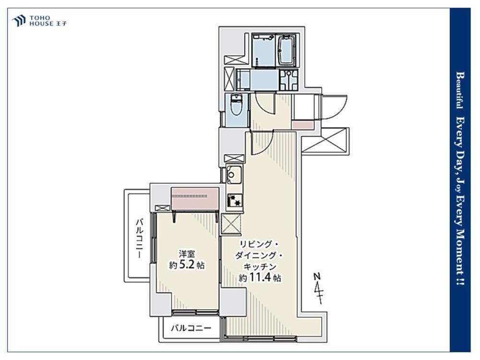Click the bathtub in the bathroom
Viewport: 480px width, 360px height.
286,50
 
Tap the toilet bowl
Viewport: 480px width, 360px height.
236,106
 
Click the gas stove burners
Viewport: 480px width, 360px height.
235,201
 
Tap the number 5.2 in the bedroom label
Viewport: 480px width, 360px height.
187,264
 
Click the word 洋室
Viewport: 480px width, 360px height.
187,253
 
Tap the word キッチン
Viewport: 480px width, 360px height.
260,266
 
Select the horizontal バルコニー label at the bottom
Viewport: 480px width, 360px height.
191,328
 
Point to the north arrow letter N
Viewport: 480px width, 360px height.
317,276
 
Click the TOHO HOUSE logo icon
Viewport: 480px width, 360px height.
18,21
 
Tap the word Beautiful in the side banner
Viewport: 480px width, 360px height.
460,90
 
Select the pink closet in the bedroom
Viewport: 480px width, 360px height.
195,198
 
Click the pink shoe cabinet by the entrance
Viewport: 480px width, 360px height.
303,125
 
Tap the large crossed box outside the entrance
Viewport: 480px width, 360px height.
325,140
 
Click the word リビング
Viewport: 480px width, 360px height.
256,244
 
